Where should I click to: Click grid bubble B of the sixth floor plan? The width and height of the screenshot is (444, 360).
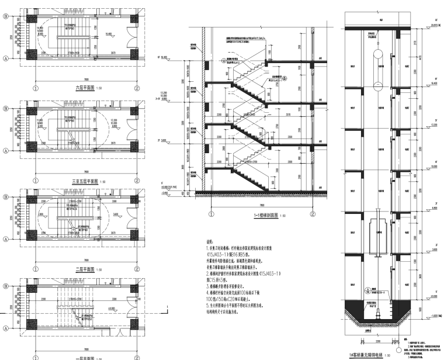(6, 16)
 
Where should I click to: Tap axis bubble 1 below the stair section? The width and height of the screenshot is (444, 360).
(203, 214)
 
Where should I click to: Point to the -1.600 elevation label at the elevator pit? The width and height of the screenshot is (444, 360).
(431, 316)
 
